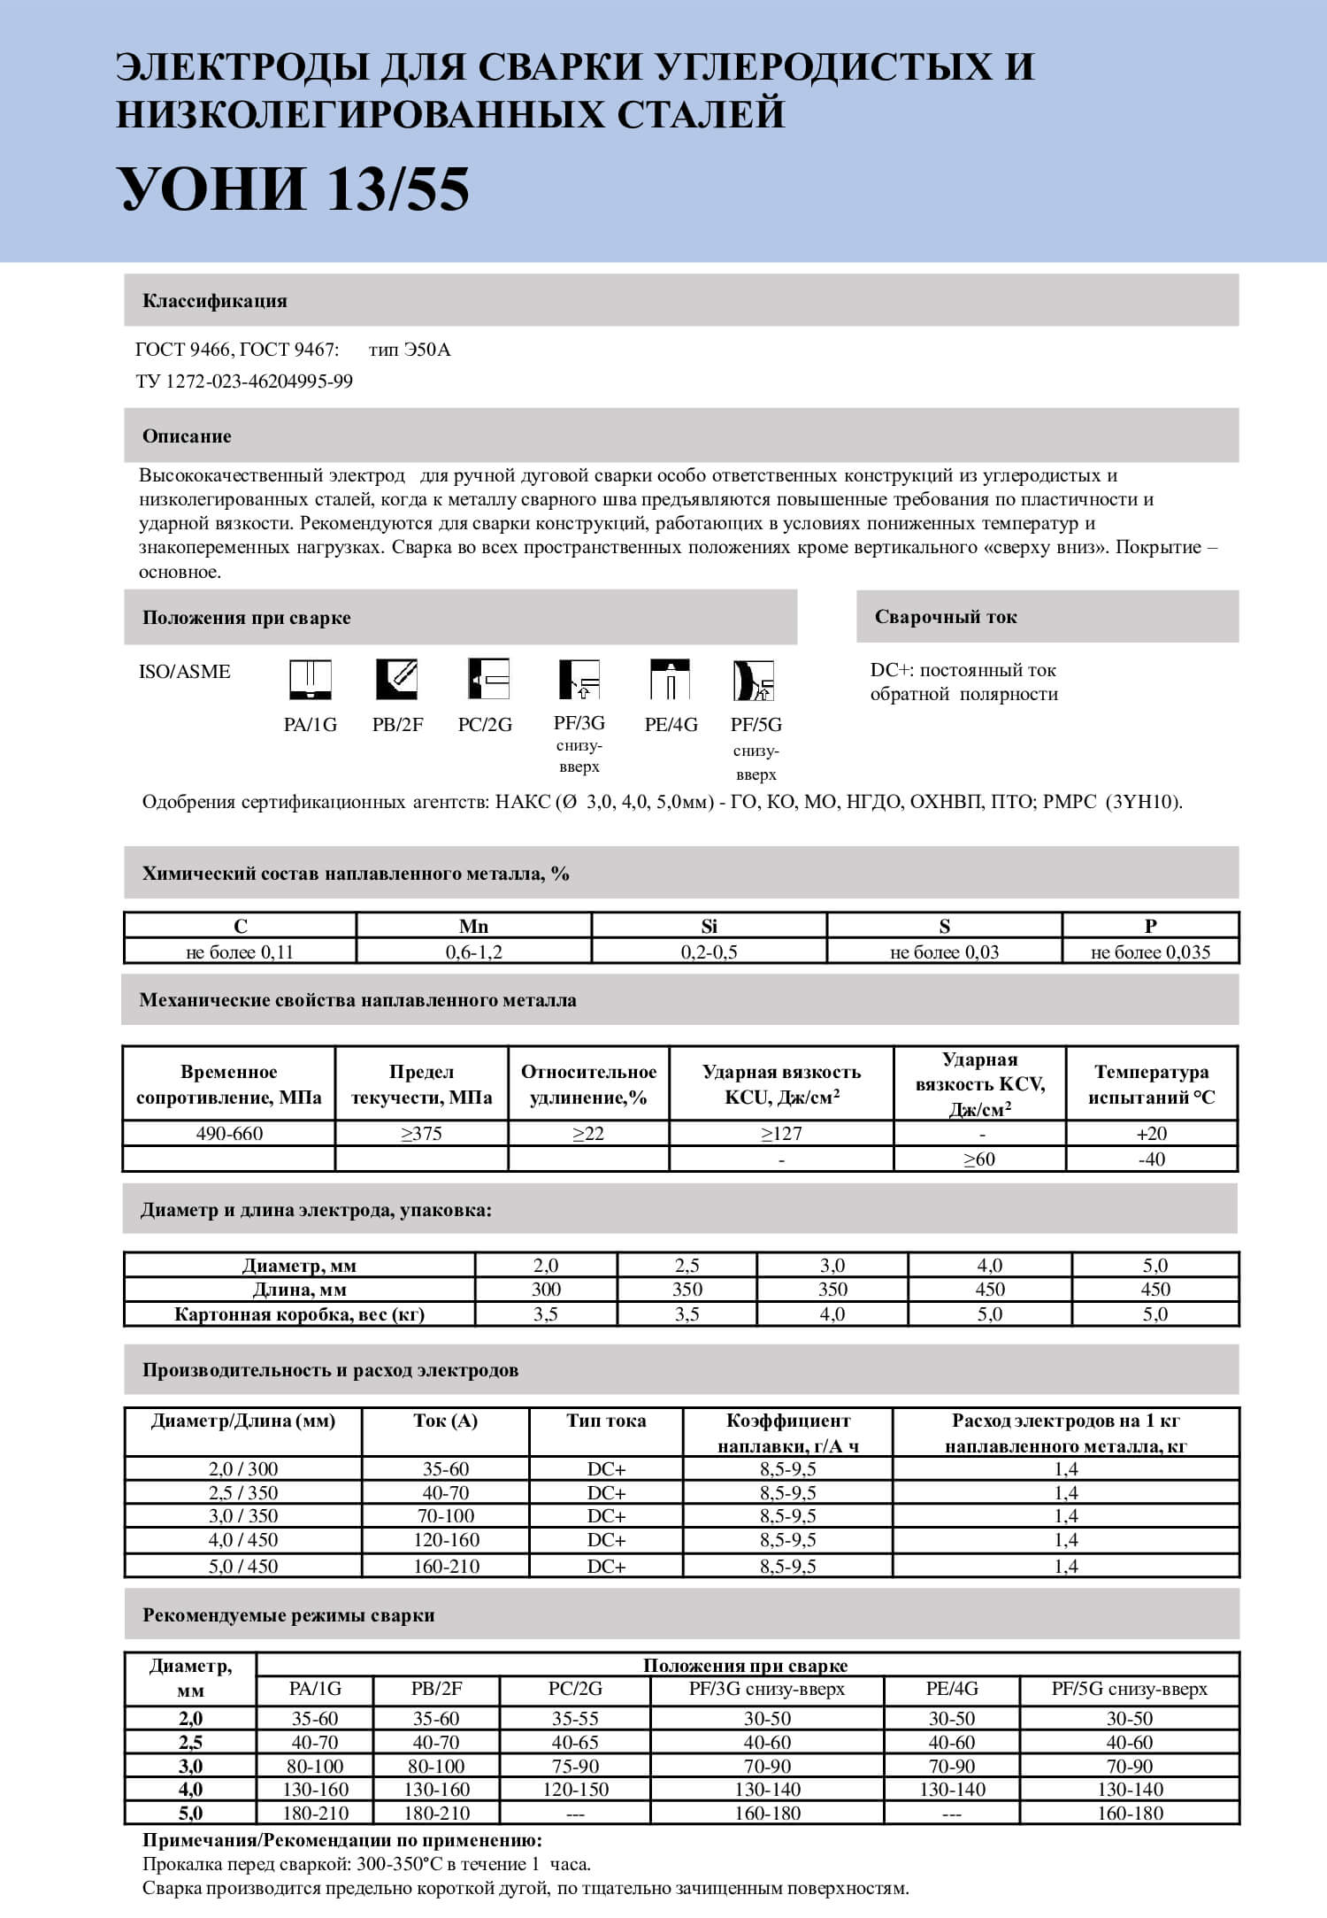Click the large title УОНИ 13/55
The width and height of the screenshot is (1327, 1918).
[x=295, y=189]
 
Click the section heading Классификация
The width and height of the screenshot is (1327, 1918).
[x=215, y=301]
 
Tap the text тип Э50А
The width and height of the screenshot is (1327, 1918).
[x=410, y=350]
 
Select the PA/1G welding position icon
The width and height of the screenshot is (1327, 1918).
[x=311, y=680]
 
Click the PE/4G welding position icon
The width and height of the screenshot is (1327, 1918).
[x=670, y=680]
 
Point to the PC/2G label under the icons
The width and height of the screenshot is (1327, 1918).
[x=485, y=725]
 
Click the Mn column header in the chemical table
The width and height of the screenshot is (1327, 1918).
[x=473, y=926]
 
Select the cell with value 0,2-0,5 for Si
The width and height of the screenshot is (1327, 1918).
[x=709, y=952]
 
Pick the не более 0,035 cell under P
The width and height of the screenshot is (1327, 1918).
[x=1150, y=952]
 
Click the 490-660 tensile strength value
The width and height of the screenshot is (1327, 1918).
[x=229, y=1134]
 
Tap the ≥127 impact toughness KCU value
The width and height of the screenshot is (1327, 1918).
[x=781, y=1134]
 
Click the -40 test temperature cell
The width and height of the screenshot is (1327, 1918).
[x=1151, y=1159]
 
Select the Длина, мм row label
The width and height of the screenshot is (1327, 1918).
[x=300, y=1290]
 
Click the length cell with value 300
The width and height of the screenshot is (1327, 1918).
[x=546, y=1290]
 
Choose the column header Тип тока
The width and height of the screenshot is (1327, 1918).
[x=606, y=1421]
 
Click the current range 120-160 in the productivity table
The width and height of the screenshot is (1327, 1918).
[x=446, y=1540]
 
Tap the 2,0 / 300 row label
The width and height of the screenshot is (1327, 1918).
[x=243, y=1469]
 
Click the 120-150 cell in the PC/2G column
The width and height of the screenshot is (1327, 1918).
[x=575, y=1790]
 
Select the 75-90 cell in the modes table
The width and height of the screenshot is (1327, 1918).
[x=575, y=1766]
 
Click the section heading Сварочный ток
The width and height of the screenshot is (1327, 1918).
[x=946, y=617]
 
